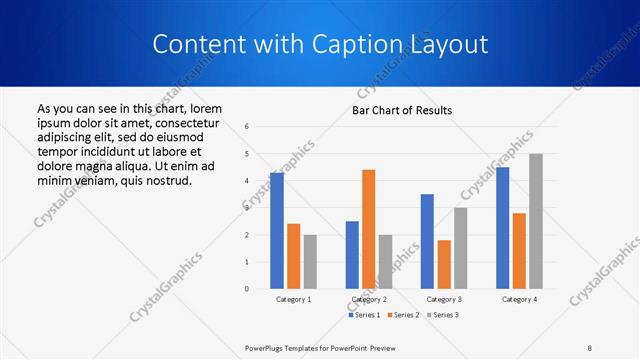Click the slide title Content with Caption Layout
(320, 45)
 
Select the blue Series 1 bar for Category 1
(277, 231)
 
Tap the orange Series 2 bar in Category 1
(293, 256)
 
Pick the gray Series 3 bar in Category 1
(310, 262)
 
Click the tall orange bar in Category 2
(368, 229)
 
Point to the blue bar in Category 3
(427, 241)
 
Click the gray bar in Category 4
(536, 221)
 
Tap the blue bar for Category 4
(502, 228)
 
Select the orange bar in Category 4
(519, 251)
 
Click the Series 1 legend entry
(363, 315)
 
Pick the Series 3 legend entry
(443, 315)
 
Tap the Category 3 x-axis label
(444, 299)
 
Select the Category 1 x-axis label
(293, 299)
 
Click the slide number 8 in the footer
(590, 347)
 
